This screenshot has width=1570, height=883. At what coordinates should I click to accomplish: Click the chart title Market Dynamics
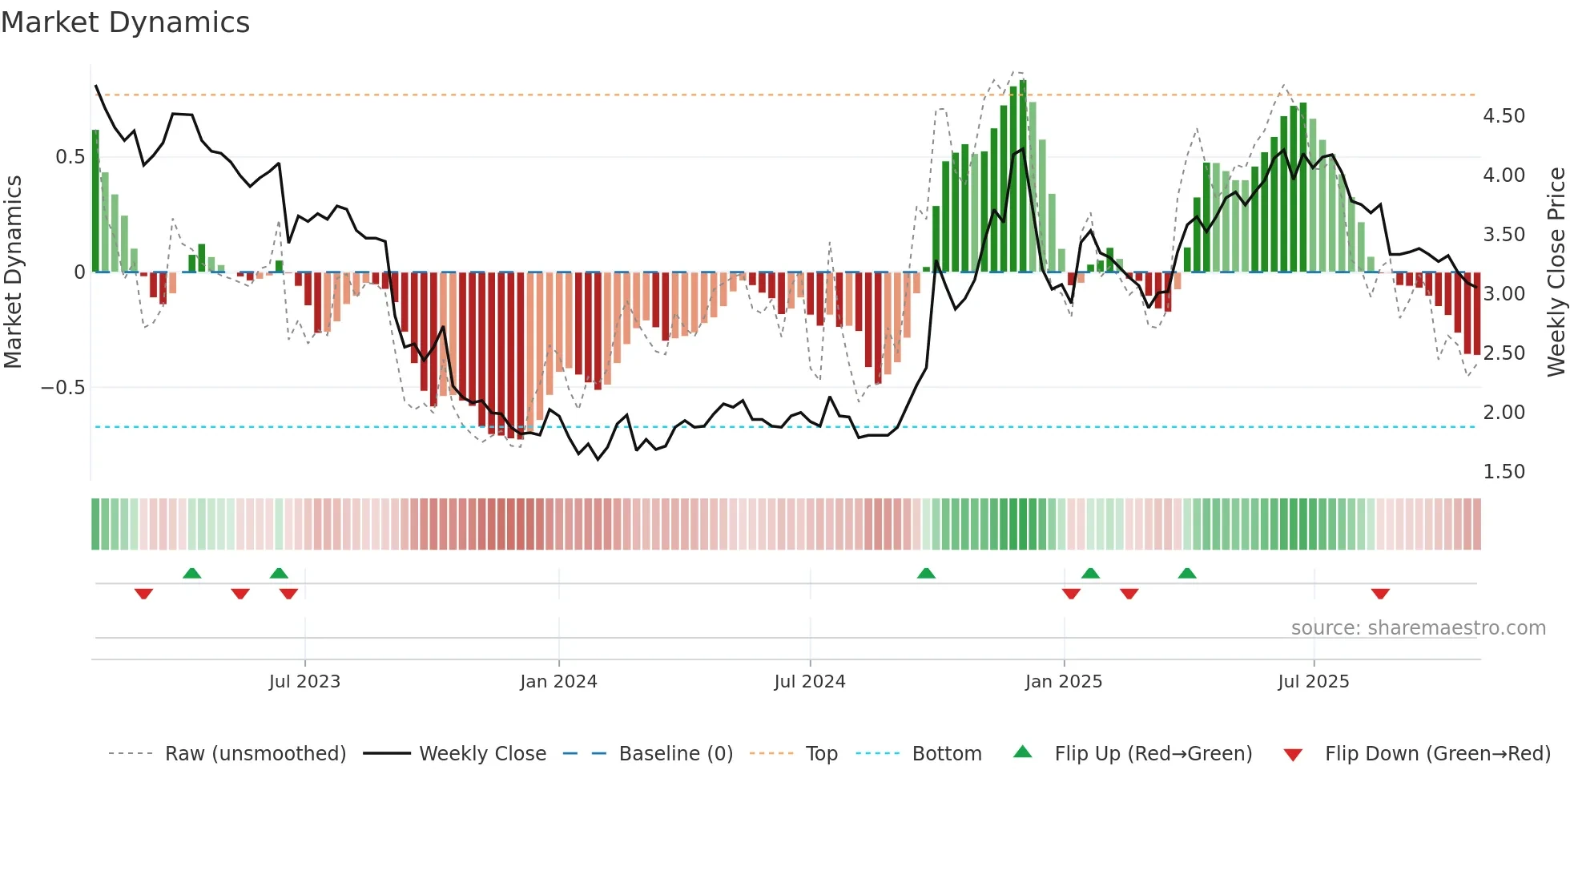[x=126, y=22]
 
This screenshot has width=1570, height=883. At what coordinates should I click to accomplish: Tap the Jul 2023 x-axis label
[x=304, y=682]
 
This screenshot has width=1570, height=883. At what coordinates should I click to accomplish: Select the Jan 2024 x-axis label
[x=558, y=682]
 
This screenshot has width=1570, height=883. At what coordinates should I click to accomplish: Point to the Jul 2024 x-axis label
[x=810, y=682]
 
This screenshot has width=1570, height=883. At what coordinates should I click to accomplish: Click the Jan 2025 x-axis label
[x=1064, y=682]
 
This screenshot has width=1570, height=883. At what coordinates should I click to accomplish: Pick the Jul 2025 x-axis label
[x=1314, y=682]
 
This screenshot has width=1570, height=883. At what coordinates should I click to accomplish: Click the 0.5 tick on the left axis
[x=70, y=157]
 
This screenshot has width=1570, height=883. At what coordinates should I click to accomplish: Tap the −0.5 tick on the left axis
[x=63, y=388]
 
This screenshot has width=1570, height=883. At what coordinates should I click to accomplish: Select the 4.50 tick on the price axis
[x=1504, y=116]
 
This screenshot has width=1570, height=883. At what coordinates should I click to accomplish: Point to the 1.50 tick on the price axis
[x=1504, y=472]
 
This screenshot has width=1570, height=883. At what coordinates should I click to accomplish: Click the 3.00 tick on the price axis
[x=1504, y=294]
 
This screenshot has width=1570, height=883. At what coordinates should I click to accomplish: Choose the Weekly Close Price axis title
[x=1556, y=272]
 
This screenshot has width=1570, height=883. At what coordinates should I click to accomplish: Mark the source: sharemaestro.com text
[x=1418, y=628]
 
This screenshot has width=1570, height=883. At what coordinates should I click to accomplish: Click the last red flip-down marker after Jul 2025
[x=1380, y=594]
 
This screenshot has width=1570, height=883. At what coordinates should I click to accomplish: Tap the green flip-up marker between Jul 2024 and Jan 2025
[x=926, y=573]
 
